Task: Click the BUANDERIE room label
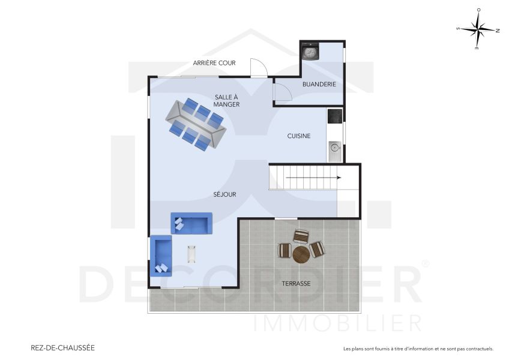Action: click(319, 85)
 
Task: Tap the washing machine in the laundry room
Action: click(310, 52)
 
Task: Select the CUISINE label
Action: click(298, 136)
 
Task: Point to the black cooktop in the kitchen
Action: click(334, 115)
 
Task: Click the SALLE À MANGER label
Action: click(226, 101)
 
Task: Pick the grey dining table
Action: click(196, 124)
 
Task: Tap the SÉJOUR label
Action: click(224, 194)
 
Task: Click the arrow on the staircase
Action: click(312, 178)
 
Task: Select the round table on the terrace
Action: click(301, 254)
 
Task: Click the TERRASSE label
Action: click(296, 283)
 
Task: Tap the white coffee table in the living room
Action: click(192, 254)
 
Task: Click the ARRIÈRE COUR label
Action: click(214, 63)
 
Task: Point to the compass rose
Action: click(478, 28)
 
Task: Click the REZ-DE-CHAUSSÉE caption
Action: click(62, 347)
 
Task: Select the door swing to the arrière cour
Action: click(258, 67)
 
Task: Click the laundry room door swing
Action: click(282, 91)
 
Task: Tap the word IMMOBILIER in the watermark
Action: click(338, 323)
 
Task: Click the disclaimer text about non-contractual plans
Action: click(418, 349)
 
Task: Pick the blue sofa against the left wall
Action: click(161, 255)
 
